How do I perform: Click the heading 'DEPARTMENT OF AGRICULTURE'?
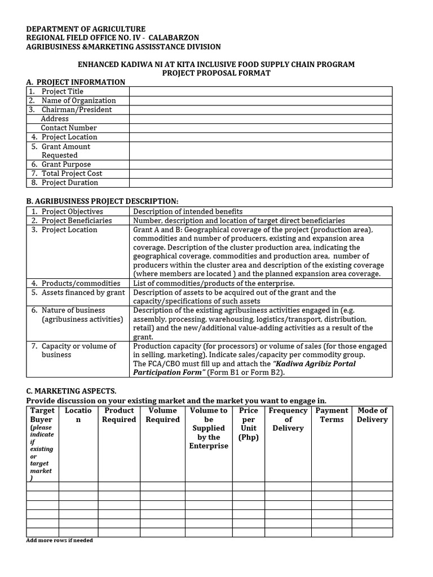coord(86,29)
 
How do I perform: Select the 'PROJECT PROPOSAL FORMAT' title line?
coord(216,73)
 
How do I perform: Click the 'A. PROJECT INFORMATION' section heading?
coord(76,82)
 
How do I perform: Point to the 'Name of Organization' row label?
coord(78,100)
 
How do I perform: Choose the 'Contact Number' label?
coord(69,128)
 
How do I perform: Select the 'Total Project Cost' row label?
coord(72,174)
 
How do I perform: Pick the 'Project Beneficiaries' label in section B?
coord(77,220)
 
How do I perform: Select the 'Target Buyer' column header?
coord(42,415)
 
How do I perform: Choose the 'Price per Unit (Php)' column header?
coord(249,424)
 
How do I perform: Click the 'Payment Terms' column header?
coord(332,415)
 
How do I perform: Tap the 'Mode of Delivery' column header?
coord(372,415)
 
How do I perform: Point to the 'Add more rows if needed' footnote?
coord(60,540)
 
